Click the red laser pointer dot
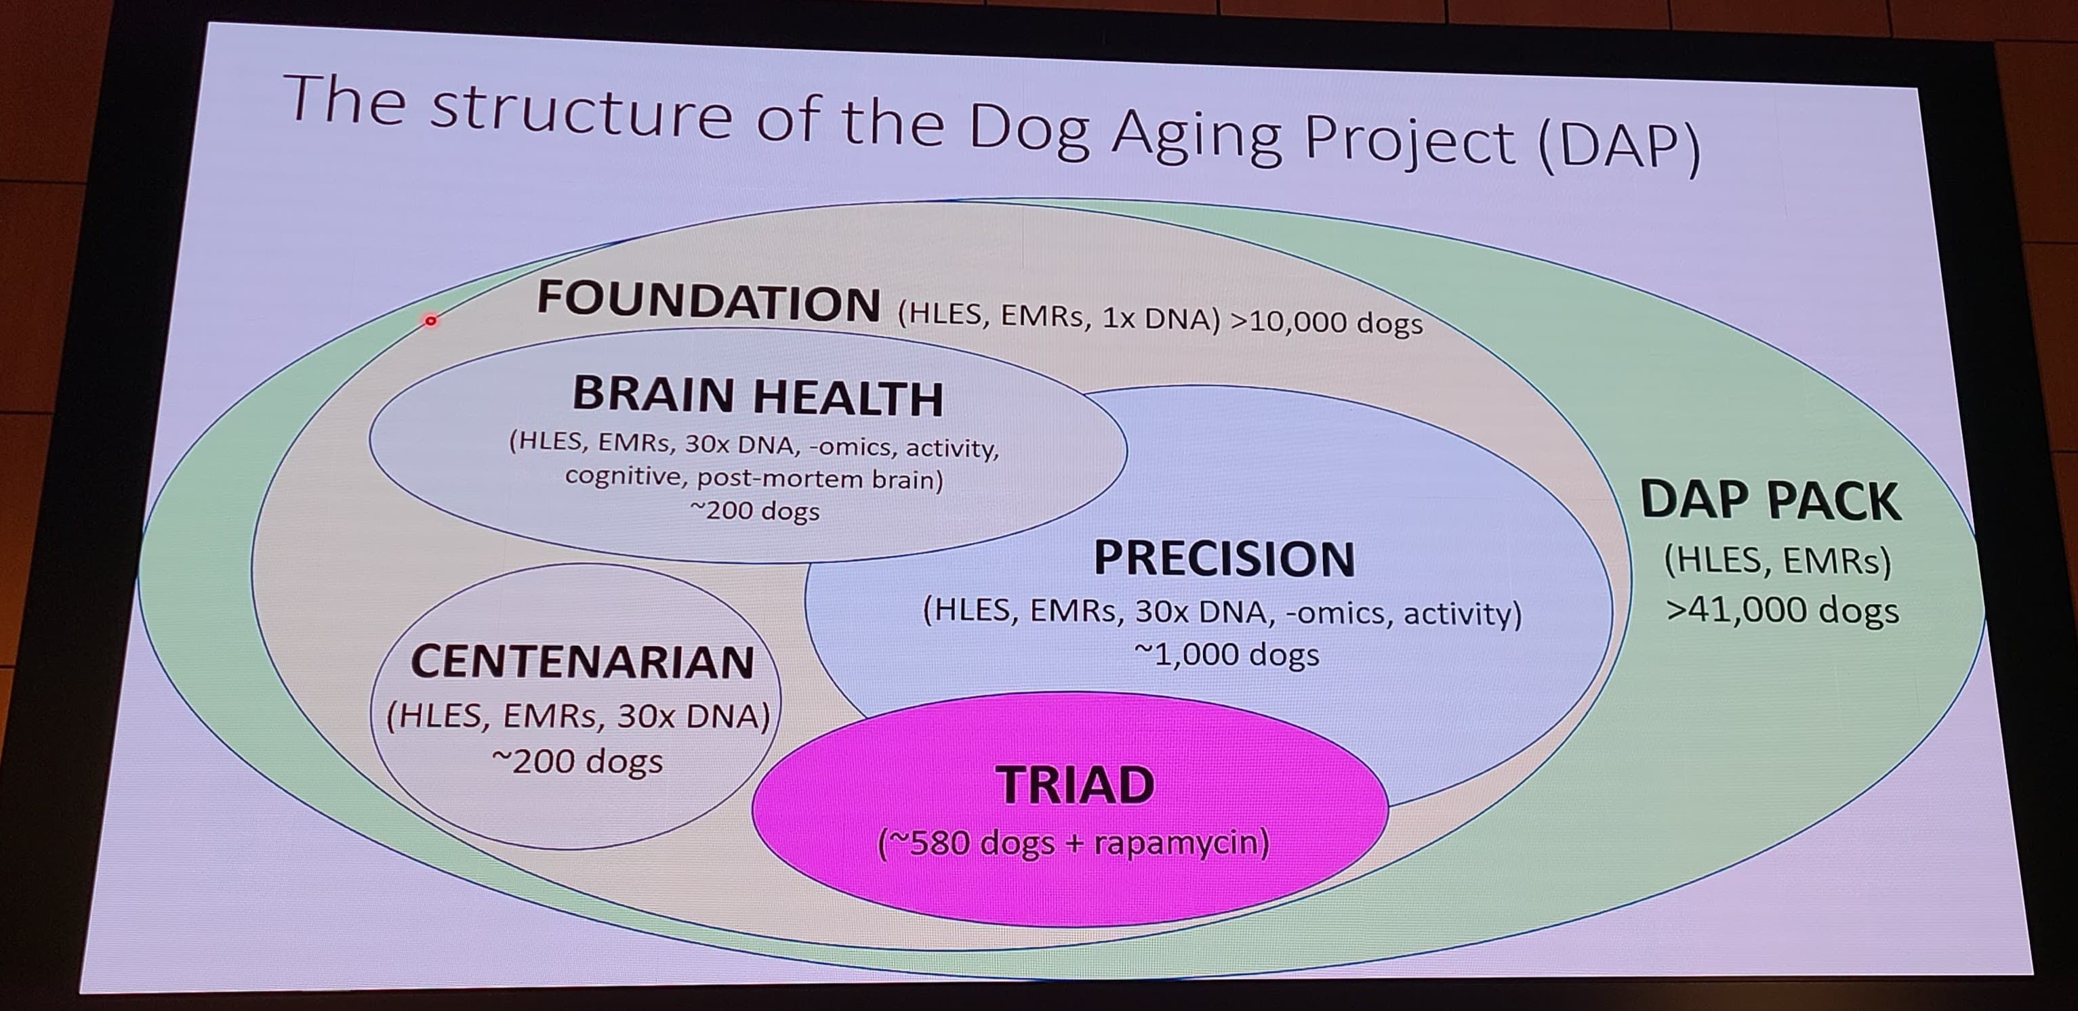[x=431, y=321]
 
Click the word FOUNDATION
[x=708, y=301]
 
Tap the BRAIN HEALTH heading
[x=758, y=396]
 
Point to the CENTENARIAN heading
[x=582, y=662]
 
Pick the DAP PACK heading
[x=1770, y=500]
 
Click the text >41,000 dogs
[x=1782, y=610]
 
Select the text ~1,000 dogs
[x=1226, y=655]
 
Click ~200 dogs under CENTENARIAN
[x=577, y=761]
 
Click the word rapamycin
[x=1181, y=843]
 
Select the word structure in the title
[x=581, y=113]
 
